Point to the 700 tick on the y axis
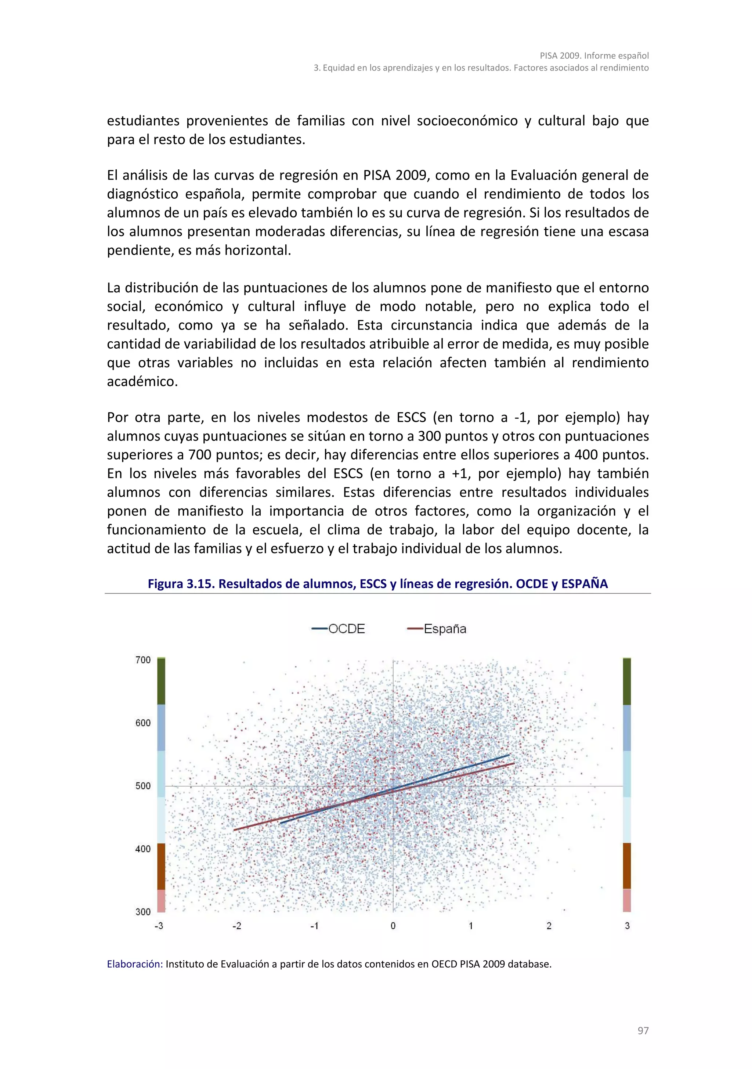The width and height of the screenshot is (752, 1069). tap(143, 660)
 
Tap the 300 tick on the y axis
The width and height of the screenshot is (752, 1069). tap(143, 912)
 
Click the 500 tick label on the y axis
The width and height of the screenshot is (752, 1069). tap(143, 786)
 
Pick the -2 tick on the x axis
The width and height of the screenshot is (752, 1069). tap(237, 926)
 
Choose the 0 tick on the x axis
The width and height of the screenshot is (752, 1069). tap(393, 926)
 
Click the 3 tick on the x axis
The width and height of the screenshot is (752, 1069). tap(627, 926)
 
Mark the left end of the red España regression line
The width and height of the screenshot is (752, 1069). tap(234, 830)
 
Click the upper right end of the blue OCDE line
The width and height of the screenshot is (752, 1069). tap(509, 755)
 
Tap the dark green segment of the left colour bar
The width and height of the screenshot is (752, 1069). tap(161, 681)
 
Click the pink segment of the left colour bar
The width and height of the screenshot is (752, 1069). tap(161, 900)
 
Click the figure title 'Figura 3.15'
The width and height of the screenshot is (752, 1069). tap(377, 584)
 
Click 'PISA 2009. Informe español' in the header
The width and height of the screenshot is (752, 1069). tap(594, 55)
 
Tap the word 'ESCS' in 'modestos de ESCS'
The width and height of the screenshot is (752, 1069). tap(411, 417)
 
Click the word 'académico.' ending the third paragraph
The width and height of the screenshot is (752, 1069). tap(142, 381)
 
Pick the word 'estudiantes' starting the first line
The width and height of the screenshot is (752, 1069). tap(143, 121)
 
